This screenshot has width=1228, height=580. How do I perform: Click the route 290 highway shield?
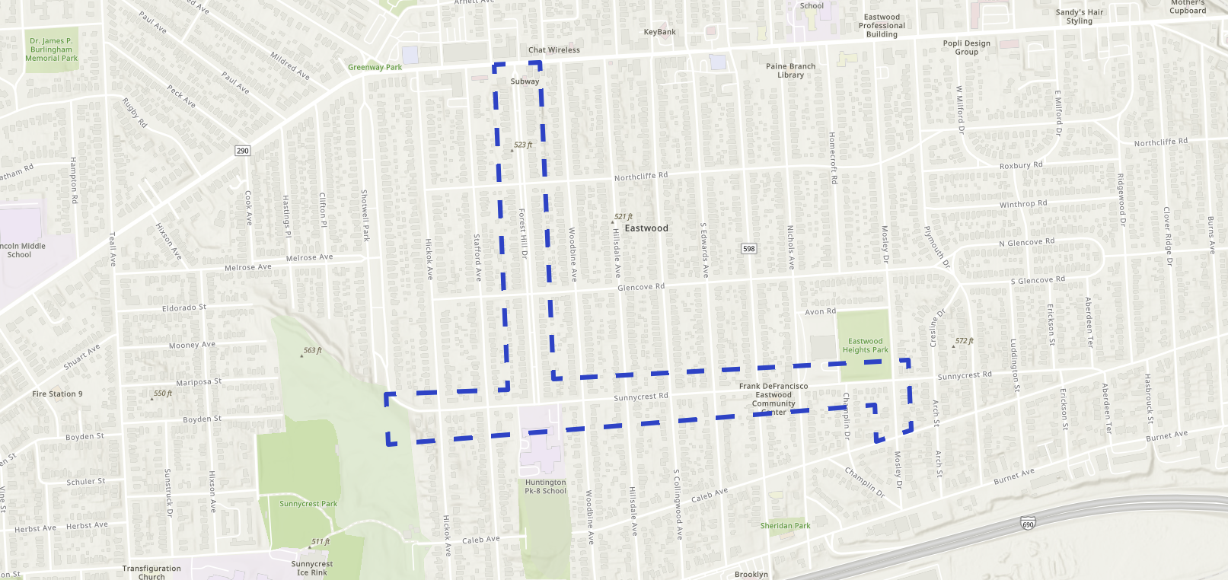tap(242, 151)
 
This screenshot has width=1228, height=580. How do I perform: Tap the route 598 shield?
tap(749, 249)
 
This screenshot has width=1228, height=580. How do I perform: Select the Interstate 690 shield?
tap(1028, 524)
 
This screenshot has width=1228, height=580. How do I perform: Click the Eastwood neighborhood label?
tap(646, 228)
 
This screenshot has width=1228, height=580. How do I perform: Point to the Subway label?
tap(525, 81)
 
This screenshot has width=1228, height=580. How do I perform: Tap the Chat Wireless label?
tap(554, 50)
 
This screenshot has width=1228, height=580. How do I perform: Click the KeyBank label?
tap(659, 32)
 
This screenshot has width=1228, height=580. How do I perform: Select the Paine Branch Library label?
tap(790, 71)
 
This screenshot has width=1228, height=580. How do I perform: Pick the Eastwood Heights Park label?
tap(865, 346)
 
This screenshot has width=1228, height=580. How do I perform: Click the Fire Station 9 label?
tap(57, 394)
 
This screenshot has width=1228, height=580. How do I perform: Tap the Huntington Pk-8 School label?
tap(545, 486)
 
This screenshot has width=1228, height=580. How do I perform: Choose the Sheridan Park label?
tap(785, 526)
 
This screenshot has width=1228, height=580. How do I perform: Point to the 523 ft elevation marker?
tap(522, 145)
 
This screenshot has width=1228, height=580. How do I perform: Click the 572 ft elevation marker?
tap(964, 341)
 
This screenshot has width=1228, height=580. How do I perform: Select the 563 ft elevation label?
tap(312, 351)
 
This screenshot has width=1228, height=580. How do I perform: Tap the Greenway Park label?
tap(375, 67)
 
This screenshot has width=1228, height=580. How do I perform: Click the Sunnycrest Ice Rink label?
tap(312, 569)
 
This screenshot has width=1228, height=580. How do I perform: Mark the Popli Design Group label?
tap(967, 48)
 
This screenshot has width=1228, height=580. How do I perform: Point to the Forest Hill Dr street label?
tap(523, 234)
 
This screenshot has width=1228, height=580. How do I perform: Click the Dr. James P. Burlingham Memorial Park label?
tap(52, 49)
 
